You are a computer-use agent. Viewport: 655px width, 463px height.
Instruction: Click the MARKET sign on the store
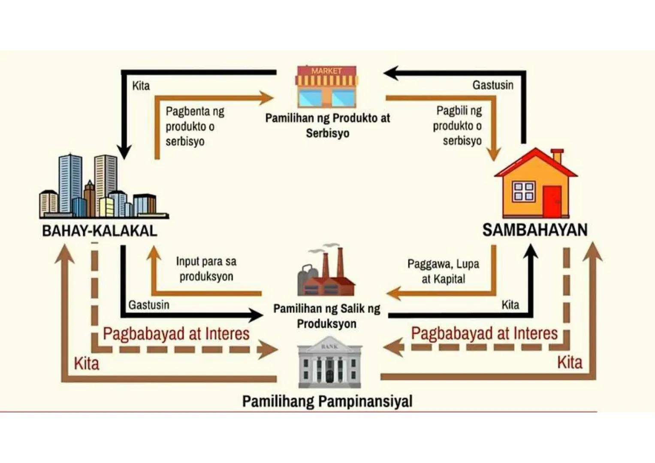click(326, 71)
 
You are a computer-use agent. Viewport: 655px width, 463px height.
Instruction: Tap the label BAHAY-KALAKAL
click(100, 231)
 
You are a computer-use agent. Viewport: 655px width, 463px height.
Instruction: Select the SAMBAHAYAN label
click(534, 230)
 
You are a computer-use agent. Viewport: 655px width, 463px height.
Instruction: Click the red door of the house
click(552, 201)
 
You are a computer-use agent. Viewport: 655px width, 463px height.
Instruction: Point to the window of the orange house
click(524, 192)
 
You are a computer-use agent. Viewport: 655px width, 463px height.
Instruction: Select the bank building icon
click(329, 363)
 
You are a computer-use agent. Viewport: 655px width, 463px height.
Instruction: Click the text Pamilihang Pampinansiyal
click(327, 402)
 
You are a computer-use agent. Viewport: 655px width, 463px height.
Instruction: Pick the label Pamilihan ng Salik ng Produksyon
click(327, 316)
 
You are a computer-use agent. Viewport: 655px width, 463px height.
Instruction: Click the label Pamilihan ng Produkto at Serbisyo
click(327, 125)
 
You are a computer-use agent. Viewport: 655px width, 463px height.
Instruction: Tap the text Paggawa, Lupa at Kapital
click(443, 271)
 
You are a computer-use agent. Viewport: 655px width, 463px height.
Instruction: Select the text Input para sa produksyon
click(206, 269)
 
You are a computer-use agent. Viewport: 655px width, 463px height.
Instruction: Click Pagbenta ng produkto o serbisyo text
click(195, 126)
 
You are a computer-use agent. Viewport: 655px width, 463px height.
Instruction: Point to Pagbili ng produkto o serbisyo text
click(458, 126)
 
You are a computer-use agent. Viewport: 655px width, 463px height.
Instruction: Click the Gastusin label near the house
click(492, 85)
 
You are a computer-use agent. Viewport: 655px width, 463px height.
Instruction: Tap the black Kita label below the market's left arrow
click(141, 86)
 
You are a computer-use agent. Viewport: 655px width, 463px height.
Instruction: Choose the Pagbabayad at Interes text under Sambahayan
click(484, 334)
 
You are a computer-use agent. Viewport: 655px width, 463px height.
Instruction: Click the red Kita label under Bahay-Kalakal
click(87, 364)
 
